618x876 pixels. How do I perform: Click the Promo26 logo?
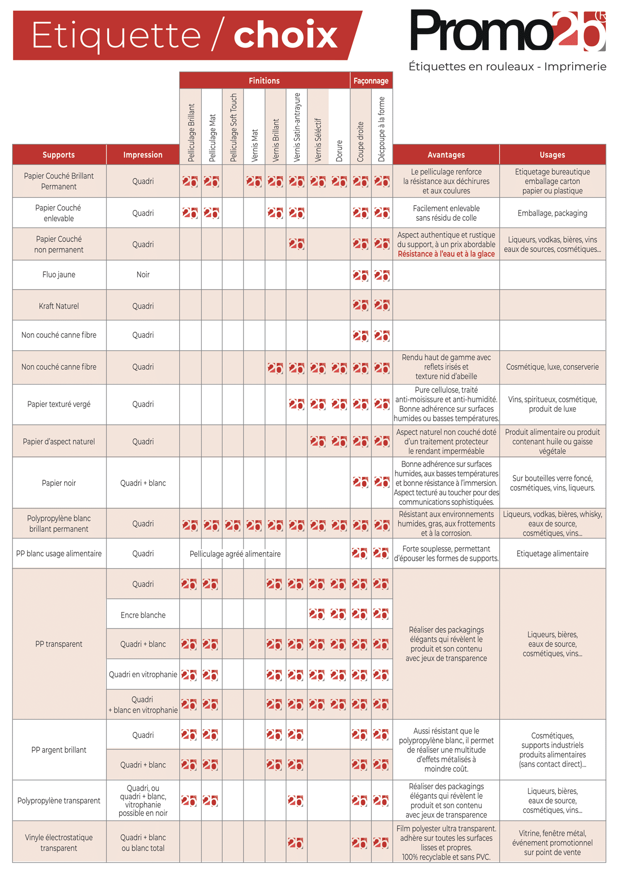tap(507, 30)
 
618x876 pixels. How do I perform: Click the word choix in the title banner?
tap(285, 35)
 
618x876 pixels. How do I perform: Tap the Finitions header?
tap(264, 81)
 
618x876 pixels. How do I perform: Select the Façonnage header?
tap(371, 81)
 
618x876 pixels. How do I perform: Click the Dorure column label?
tap(339, 151)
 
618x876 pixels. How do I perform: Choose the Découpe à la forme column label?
tap(381, 129)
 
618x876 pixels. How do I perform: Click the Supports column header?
tap(59, 155)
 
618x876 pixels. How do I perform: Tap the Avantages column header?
tap(446, 155)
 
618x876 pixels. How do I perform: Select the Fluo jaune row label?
tap(59, 275)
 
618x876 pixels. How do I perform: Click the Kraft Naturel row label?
tap(59, 306)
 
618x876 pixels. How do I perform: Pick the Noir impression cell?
tap(143, 275)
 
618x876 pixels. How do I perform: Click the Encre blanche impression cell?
tap(143, 615)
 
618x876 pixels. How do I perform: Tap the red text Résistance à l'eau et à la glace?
tap(446, 254)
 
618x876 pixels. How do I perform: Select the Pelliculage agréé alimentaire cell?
tap(235, 554)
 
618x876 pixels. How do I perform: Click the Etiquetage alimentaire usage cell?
tap(552, 554)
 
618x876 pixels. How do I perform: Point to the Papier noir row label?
tap(59, 483)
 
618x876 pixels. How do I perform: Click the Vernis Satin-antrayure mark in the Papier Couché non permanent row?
tap(296, 244)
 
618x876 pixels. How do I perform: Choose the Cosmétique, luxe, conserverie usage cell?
tap(552, 367)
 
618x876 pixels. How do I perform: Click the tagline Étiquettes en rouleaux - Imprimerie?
tap(507, 67)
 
